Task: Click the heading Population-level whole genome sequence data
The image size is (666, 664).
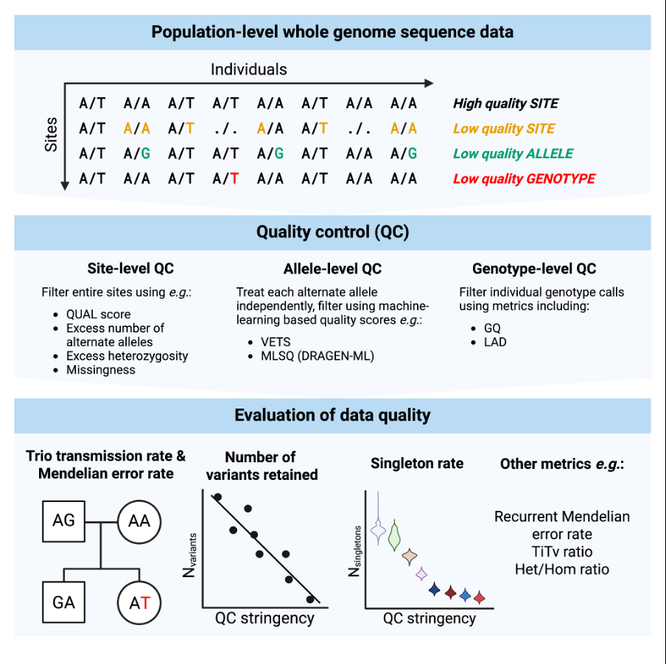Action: (x=332, y=32)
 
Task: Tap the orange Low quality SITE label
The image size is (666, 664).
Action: (x=499, y=129)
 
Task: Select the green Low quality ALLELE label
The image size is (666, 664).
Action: (x=513, y=154)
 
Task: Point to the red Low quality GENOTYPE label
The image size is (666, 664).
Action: (x=524, y=178)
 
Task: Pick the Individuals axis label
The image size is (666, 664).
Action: (x=248, y=70)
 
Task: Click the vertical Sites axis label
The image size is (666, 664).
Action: (x=51, y=134)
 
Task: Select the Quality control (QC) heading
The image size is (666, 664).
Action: (x=332, y=233)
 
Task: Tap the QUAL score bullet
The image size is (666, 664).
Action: (x=98, y=314)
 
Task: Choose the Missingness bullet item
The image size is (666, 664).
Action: (x=100, y=370)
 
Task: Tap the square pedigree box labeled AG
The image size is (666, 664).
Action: (x=64, y=520)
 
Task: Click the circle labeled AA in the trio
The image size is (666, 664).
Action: (x=139, y=521)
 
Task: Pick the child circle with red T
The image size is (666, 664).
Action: (x=139, y=602)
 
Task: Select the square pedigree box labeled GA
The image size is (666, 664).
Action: (x=64, y=602)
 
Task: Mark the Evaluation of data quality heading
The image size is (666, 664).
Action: (x=332, y=415)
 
